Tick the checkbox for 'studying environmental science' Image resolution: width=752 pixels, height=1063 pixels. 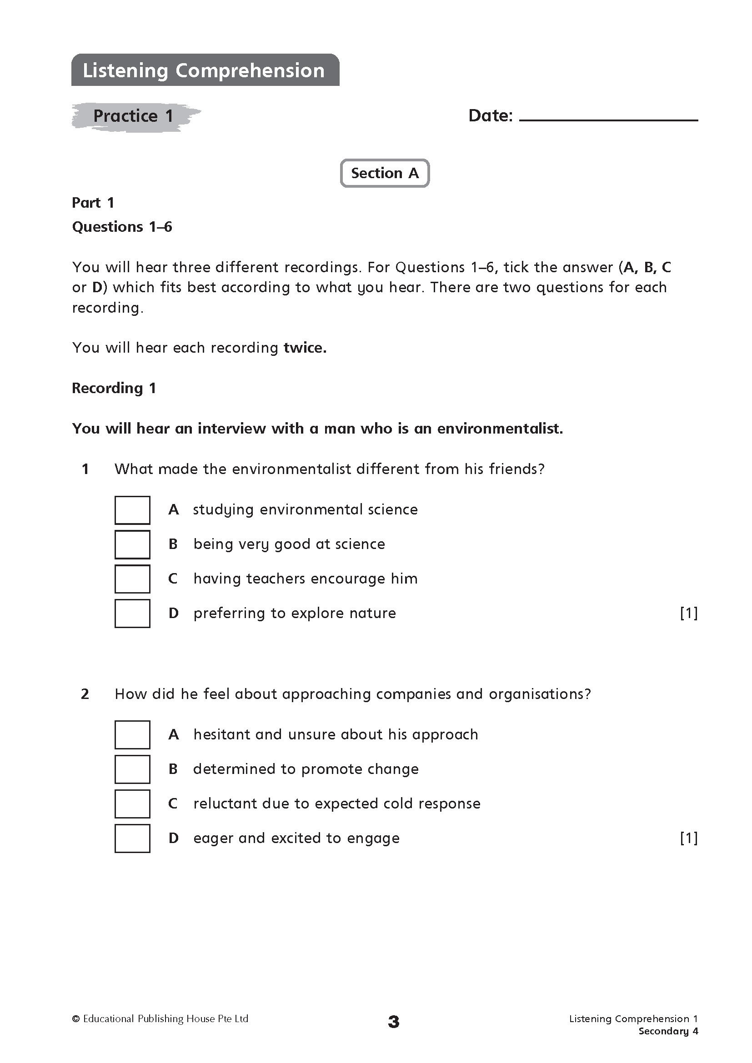(x=132, y=510)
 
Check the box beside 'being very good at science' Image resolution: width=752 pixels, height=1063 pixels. (x=132, y=544)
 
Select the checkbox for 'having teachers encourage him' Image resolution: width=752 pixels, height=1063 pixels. (x=132, y=579)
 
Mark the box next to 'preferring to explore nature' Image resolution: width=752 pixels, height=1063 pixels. (x=132, y=614)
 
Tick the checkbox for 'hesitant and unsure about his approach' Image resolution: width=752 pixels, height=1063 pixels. (x=132, y=735)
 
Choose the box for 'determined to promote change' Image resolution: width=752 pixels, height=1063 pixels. (x=132, y=769)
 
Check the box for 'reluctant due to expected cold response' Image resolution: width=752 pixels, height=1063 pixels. (x=132, y=804)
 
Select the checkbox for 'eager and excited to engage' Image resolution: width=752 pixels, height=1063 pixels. (x=132, y=838)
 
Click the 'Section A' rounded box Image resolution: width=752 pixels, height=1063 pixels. (x=385, y=173)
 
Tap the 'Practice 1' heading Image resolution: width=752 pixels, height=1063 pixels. (x=133, y=116)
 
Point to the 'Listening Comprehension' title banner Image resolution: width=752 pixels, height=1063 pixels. (x=205, y=70)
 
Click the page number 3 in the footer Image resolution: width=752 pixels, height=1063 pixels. (x=394, y=1022)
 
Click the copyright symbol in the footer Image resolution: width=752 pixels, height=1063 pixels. (x=76, y=1018)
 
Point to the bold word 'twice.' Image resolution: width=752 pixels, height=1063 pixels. (x=305, y=348)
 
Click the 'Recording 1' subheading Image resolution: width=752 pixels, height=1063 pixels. (x=114, y=388)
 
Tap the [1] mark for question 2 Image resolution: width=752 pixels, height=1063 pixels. (x=688, y=838)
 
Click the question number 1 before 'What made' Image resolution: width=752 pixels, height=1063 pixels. (x=85, y=469)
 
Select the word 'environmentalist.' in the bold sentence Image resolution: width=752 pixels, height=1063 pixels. (x=500, y=429)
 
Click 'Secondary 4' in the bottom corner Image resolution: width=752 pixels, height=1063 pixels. (x=668, y=1031)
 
